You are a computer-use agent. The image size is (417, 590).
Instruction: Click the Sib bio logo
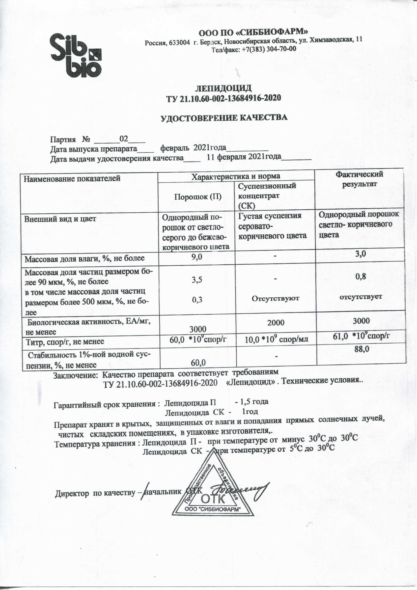[x=76, y=55]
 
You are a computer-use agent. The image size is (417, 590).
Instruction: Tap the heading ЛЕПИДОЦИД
[x=223, y=88]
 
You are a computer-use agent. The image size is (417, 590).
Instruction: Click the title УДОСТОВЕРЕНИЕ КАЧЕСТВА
[x=224, y=118]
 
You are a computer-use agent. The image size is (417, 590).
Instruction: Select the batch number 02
[x=124, y=139]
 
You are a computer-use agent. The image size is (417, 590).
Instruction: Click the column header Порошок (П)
[x=198, y=197]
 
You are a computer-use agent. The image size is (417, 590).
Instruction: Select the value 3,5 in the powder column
[x=197, y=280]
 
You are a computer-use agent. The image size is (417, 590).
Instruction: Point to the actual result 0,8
[x=360, y=276]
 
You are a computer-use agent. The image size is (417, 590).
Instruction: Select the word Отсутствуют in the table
[x=275, y=298]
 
